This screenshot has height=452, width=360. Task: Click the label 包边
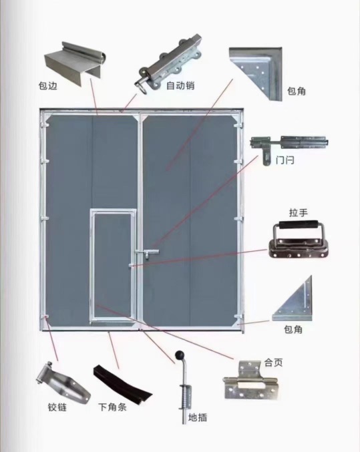coord(48,86)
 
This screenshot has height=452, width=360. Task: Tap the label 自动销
coord(180,85)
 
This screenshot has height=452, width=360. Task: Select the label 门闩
coord(285,160)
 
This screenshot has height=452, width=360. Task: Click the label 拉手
coord(299,213)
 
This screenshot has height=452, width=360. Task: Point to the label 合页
coord(273,363)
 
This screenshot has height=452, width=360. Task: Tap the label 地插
coord(198,417)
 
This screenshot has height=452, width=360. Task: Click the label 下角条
coord(112,407)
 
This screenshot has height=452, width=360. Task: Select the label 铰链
coord(57,407)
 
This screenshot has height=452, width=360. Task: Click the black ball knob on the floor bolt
coord(180,355)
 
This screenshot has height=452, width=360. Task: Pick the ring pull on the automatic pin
coord(142,87)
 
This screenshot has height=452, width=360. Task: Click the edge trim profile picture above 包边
coord(75,63)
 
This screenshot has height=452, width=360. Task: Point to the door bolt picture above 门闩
coord(289,148)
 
